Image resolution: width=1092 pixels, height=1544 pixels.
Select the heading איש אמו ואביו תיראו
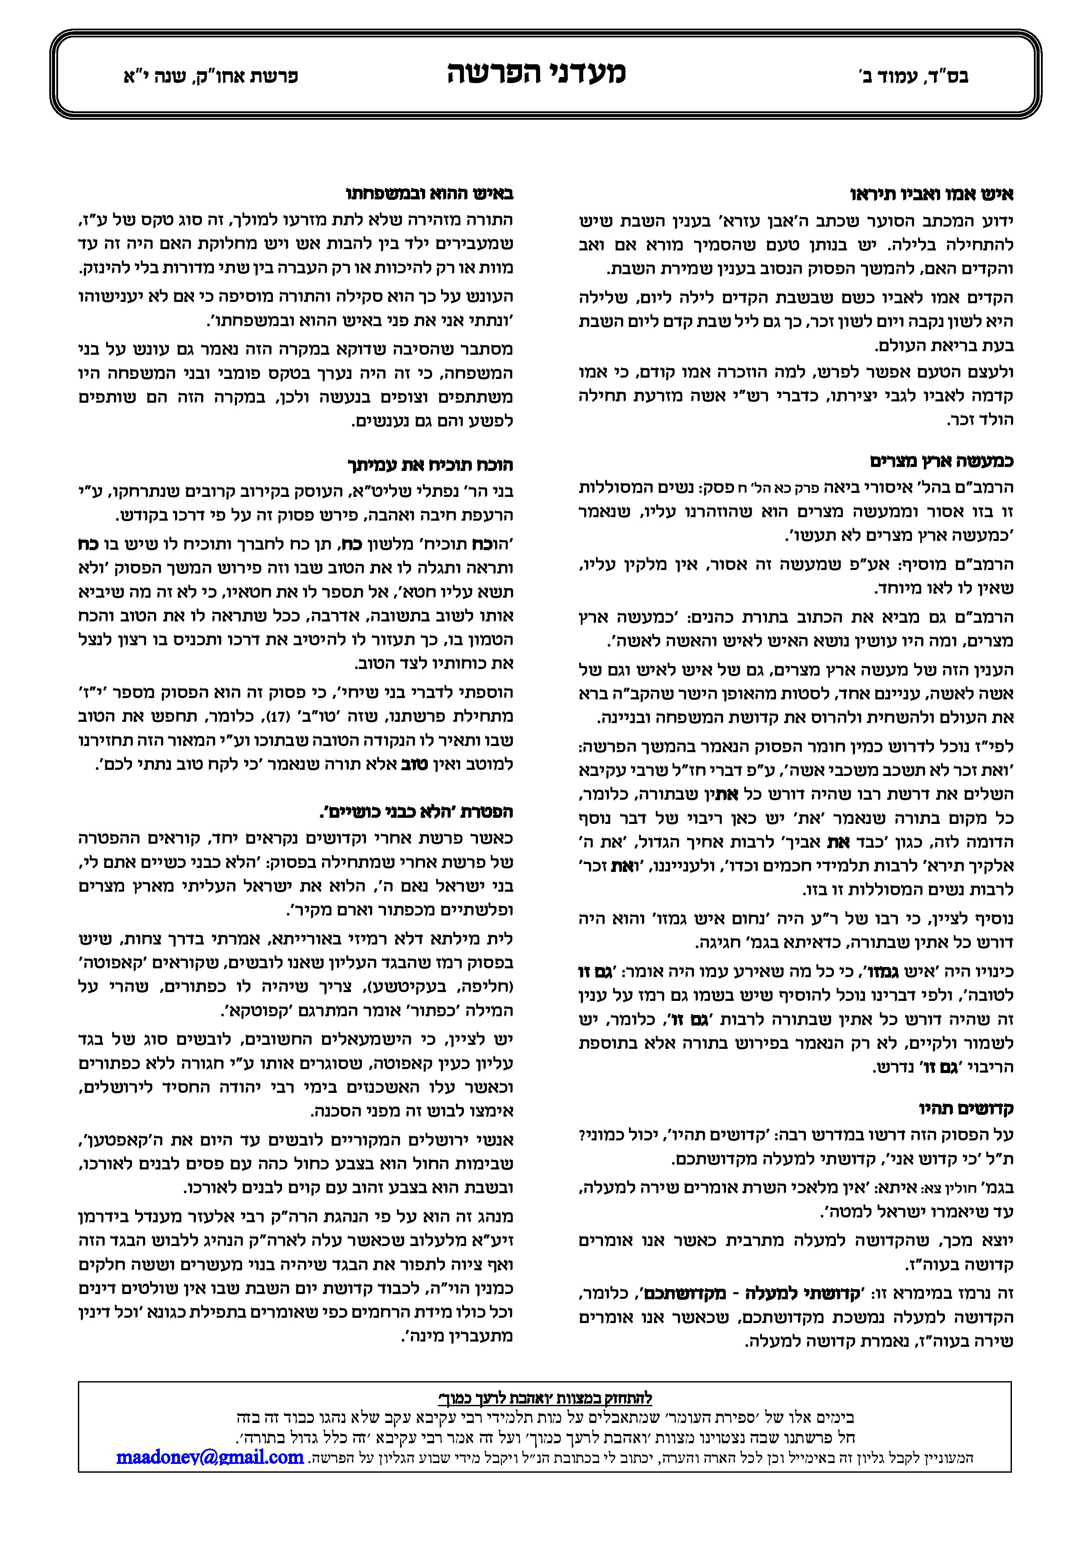tap(932, 195)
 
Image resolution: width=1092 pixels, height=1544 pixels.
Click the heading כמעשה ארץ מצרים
tap(941, 461)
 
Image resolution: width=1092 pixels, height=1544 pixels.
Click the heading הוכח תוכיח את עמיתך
tap(430, 465)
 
